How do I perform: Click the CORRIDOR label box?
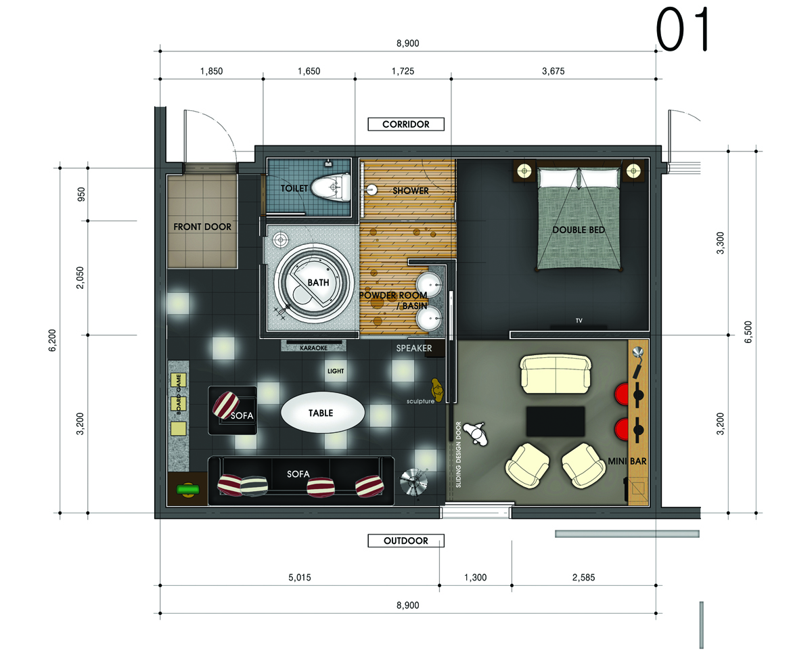tap(406, 124)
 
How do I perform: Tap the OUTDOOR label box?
tap(406, 541)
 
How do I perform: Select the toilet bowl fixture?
tap(331, 187)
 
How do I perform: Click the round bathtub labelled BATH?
tap(313, 283)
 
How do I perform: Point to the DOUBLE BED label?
tap(579, 230)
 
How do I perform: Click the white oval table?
tap(323, 413)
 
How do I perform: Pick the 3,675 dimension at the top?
tap(554, 71)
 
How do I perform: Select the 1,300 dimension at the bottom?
tap(476, 578)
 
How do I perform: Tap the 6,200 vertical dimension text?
tap(52, 340)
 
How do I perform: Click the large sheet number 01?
tap(682, 29)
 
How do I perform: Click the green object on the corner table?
tap(188, 489)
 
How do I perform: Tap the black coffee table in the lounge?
tap(555, 421)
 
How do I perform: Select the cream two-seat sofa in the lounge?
tap(555, 374)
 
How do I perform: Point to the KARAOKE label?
tap(314, 348)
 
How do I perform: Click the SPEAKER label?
tap(414, 348)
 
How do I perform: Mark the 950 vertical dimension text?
tap(81, 194)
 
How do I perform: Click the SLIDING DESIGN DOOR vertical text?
tap(458, 455)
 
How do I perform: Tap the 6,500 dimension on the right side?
tap(748, 332)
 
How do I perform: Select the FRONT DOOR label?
tap(202, 227)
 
